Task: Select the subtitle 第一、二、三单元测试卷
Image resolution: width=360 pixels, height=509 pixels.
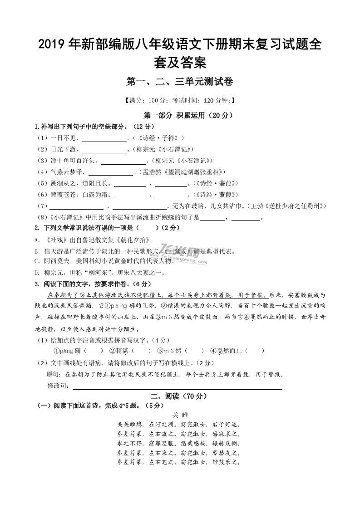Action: [x=180, y=82]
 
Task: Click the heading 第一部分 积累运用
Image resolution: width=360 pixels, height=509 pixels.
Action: [x=180, y=115]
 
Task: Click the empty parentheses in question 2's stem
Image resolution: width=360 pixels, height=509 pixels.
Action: [x=147, y=228]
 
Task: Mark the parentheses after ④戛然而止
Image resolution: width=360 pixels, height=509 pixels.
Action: [x=256, y=351]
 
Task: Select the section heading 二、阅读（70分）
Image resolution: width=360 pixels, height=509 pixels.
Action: [x=180, y=396]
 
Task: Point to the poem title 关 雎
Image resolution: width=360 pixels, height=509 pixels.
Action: [x=180, y=415]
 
